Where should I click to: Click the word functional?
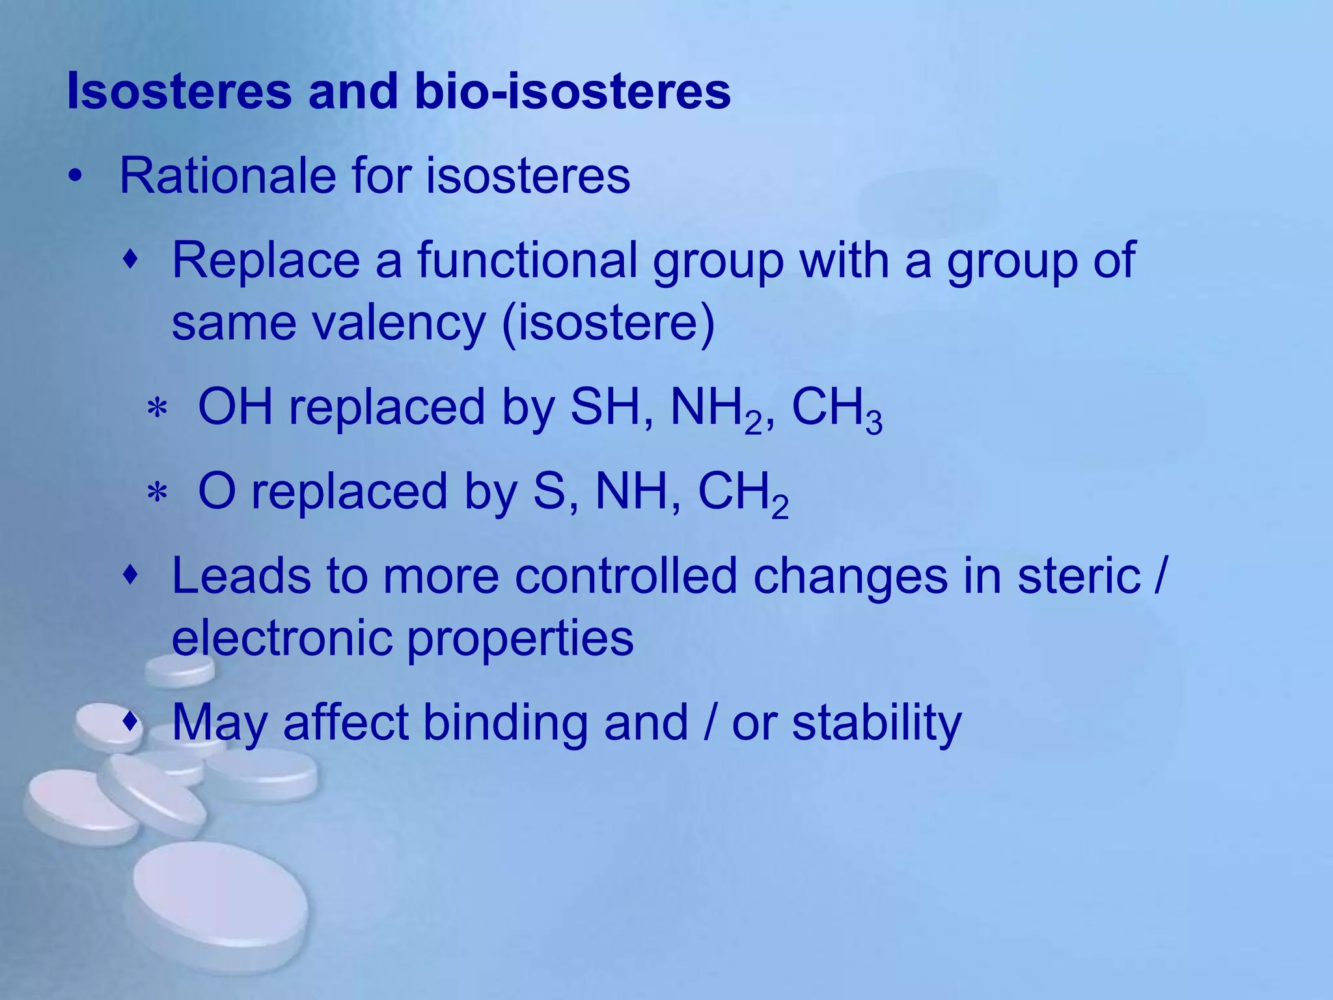pyautogui.click(x=527, y=260)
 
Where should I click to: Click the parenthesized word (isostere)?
pyautogui.click(x=609, y=324)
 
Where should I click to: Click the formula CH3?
pyautogui.click(x=836, y=410)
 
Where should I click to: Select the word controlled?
pyautogui.click(x=625, y=576)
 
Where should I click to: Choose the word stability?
pyautogui.click(x=876, y=724)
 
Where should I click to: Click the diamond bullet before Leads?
pyautogui.click(x=131, y=576)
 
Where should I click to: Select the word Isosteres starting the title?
pyautogui.click(x=179, y=91)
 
